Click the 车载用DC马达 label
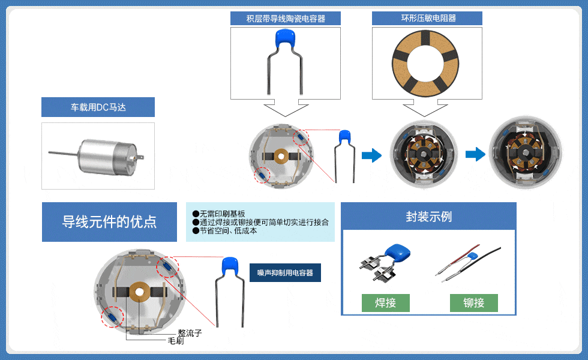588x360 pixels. (x=98, y=107)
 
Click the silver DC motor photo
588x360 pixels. (x=98, y=155)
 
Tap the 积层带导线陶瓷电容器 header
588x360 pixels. (x=286, y=19)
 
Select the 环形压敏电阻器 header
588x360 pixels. (x=427, y=19)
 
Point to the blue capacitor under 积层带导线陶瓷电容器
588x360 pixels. (x=286, y=40)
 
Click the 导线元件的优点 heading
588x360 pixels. (x=109, y=222)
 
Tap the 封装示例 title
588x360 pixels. (x=428, y=217)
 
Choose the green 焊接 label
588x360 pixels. (x=385, y=303)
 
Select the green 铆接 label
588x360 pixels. (x=474, y=303)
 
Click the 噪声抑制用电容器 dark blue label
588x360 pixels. (x=285, y=273)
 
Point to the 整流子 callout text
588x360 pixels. (x=190, y=333)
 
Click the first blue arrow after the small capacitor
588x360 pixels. (x=372, y=155)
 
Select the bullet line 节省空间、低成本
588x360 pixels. (x=227, y=231)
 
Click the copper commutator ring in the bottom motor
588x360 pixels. (x=140, y=292)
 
